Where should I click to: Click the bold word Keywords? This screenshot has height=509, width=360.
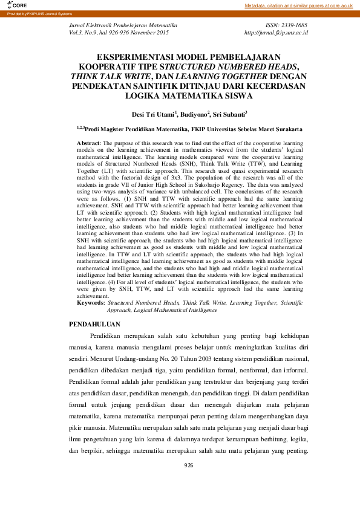91,302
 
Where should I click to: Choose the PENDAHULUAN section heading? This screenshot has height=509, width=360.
94,325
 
